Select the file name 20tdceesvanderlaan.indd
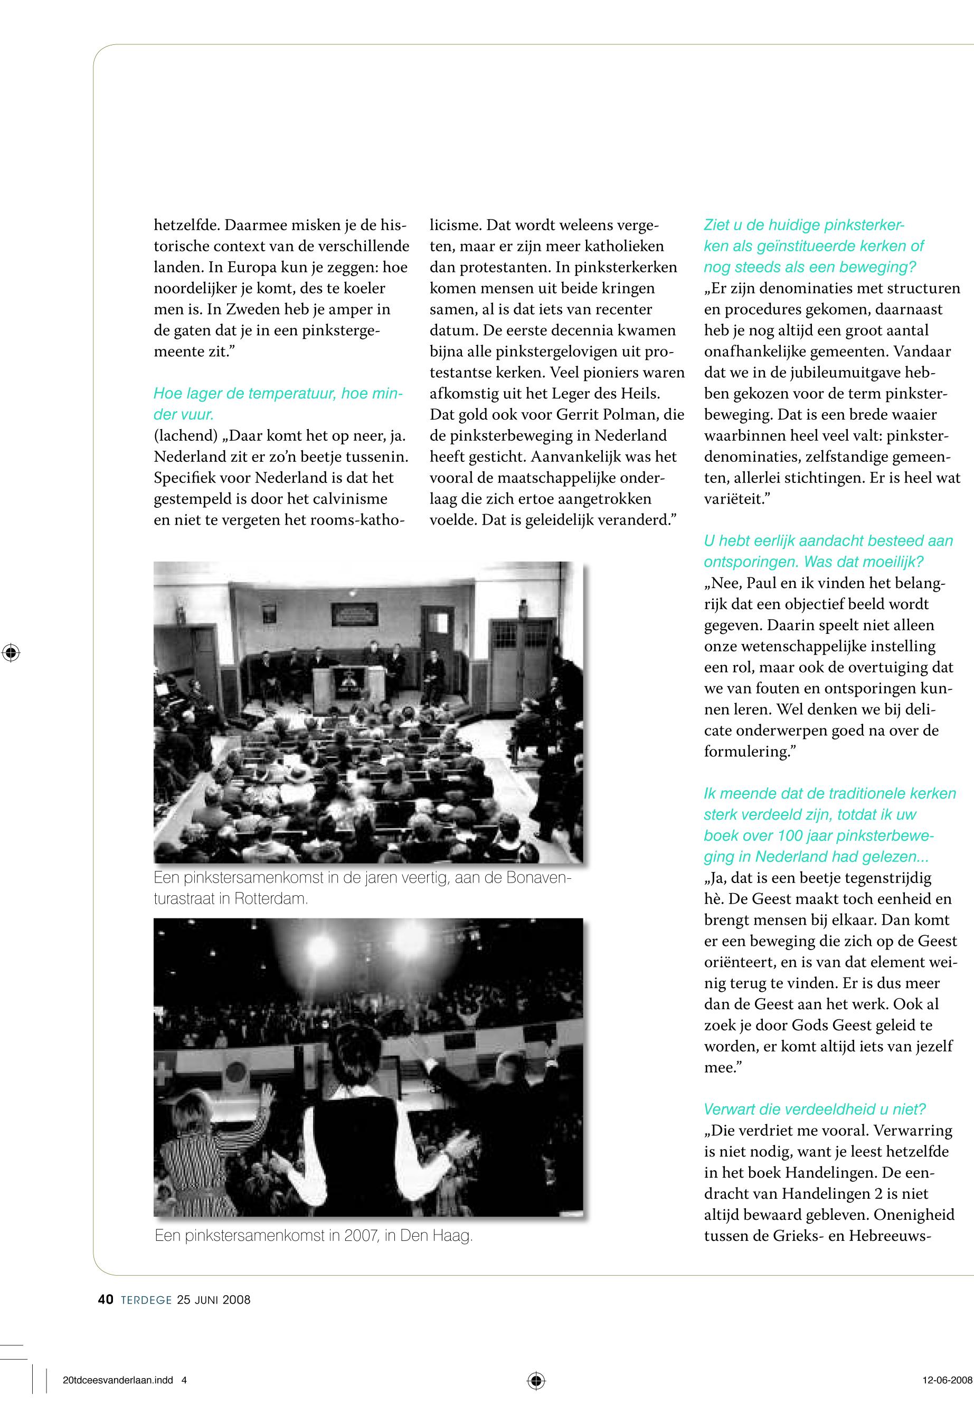point(118,1381)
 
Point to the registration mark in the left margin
point(11,653)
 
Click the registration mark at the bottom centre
point(536,1381)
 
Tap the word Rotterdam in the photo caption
point(270,899)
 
